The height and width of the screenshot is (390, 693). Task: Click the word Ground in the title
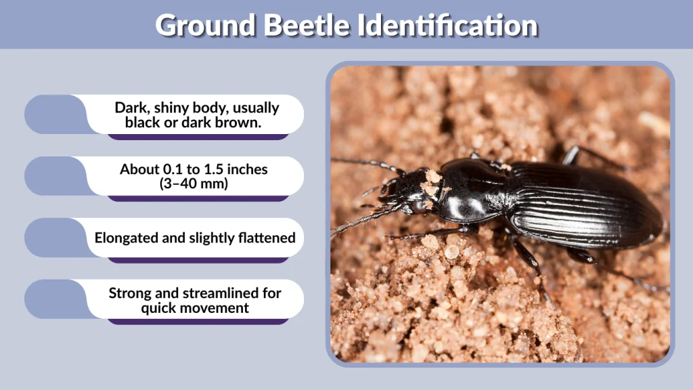(205, 25)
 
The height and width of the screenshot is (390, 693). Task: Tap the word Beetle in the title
(308, 25)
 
